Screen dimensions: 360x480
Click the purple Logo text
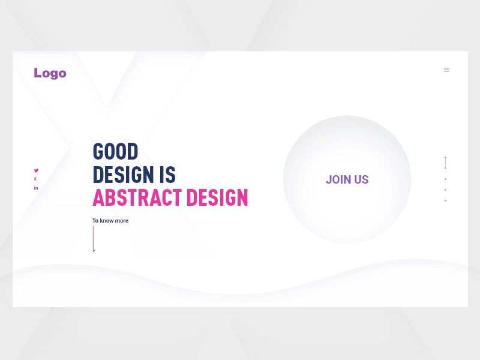[x=50, y=73]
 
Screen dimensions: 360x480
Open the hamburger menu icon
[x=446, y=70]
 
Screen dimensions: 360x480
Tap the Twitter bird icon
[x=36, y=170]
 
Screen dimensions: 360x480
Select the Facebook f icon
[x=35, y=179]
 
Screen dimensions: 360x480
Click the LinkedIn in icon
[x=36, y=188]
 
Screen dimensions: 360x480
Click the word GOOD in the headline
[x=115, y=151]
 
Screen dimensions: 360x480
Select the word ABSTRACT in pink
[x=137, y=197]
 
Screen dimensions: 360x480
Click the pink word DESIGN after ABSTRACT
[x=217, y=197]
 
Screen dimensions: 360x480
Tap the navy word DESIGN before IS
[x=123, y=175]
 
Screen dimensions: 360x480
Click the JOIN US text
[x=347, y=179]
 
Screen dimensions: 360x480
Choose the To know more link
[x=110, y=221]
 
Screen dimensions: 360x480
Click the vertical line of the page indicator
[x=445, y=163]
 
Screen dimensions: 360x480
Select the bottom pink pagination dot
[x=445, y=200]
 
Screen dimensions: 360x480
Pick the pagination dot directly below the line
[x=445, y=179]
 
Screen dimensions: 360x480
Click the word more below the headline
[x=121, y=221]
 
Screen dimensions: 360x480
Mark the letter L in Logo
[x=38, y=73]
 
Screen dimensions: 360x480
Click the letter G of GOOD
[x=98, y=151]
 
